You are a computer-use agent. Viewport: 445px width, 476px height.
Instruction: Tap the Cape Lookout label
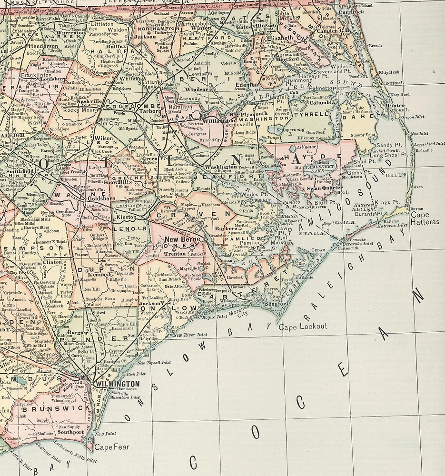coord(303,327)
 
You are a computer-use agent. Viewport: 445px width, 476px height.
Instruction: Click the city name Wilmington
coord(117,384)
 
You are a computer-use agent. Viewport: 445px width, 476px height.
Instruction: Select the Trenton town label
coord(174,254)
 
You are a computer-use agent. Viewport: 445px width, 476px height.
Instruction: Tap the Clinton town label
coord(52,262)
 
